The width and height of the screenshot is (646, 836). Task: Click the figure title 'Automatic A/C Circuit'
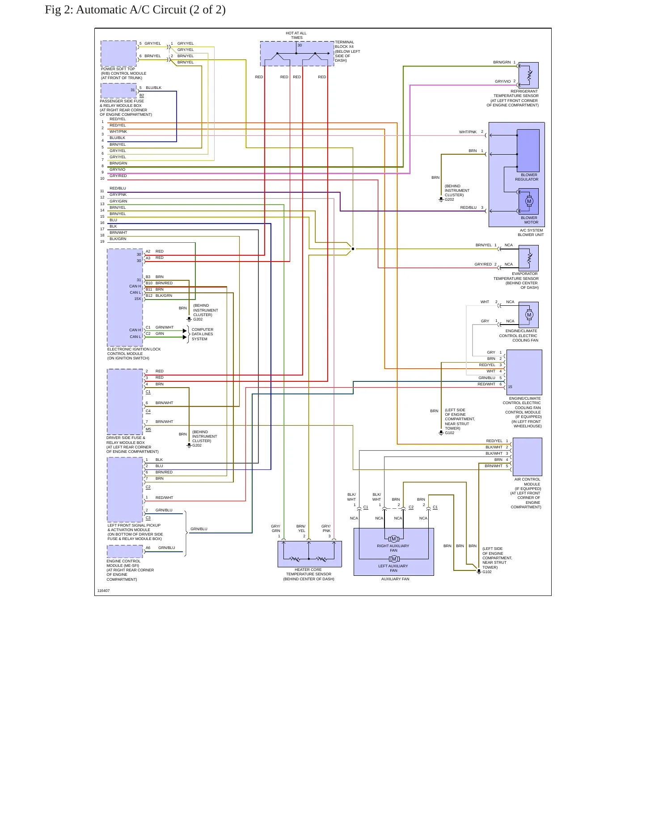tap(131, 10)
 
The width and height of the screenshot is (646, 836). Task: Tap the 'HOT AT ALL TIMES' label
tap(296, 35)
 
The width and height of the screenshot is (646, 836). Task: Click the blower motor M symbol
tap(529, 201)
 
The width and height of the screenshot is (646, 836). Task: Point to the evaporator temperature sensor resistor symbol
tap(529, 258)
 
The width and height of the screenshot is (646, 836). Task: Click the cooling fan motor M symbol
tap(529, 315)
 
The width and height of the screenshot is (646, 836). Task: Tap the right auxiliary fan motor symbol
tap(394, 539)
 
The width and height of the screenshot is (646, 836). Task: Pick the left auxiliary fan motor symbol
tap(394, 559)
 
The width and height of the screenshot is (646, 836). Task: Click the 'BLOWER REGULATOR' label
tap(527, 177)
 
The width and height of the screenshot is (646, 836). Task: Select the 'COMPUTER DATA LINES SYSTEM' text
tap(203, 334)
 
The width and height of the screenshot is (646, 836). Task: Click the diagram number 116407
tap(103, 591)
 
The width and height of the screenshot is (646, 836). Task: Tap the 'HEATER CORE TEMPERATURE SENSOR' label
tap(308, 572)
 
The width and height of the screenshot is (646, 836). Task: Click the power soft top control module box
tap(118, 54)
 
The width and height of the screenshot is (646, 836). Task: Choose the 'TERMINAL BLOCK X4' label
tap(345, 44)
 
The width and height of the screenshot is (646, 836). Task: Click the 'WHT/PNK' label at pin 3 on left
tap(118, 131)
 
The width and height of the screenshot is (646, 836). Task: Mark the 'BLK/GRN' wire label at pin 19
tap(118, 239)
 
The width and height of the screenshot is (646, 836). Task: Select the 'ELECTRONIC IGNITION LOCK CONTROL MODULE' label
tap(134, 351)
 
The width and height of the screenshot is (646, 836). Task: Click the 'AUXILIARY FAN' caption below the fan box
tap(395, 579)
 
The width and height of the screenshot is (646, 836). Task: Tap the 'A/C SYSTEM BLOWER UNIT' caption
tap(531, 232)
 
